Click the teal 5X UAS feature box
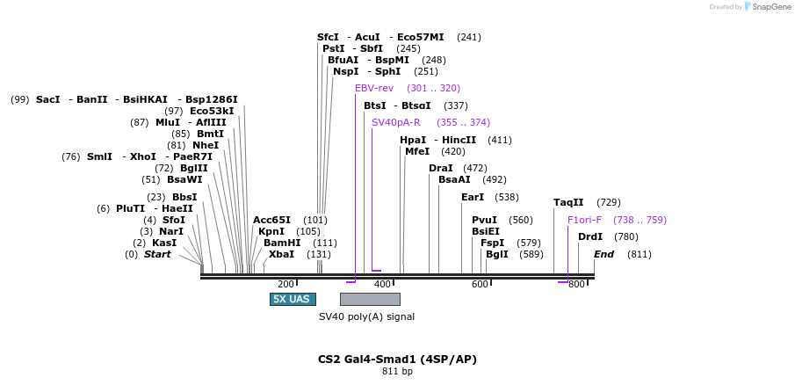click(x=293, y=299)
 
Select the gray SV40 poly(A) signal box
click(x=370, y=299)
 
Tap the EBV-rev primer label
click(x=374, y=88)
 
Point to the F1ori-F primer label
click(x=584, y=220)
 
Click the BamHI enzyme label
click(x=282, y=243)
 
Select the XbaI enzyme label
click(x=281, y=254)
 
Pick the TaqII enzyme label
click(x=568, y=203)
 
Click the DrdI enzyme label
click(x=590, y=236)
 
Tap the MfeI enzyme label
click(x=417, y=151)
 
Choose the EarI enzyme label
click(x=473, y=197)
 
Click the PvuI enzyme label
click(x=484, y=220)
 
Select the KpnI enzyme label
click(x=271, y=231)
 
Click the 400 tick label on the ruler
click(x=383, y=284)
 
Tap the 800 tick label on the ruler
click(x=576, y=284)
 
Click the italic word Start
click(x=157, y=254)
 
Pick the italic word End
click(x=603, y=254)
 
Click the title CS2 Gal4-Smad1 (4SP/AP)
click(x=397, y=360)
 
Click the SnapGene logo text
click(x=771, y=7)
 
